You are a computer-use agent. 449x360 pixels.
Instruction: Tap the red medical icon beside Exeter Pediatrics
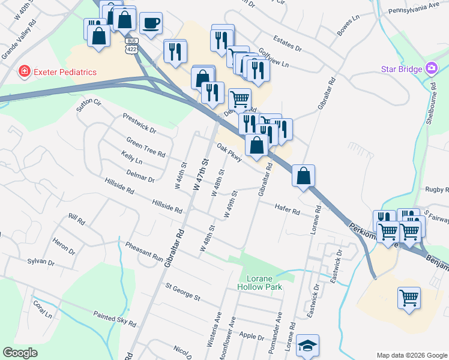25,72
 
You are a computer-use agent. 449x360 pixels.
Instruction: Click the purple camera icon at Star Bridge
431,68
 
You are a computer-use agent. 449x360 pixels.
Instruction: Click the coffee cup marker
151,23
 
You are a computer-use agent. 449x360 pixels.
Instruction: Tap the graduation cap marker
307,346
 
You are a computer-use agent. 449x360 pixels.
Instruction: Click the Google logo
20,353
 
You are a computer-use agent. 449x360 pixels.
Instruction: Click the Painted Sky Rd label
114,318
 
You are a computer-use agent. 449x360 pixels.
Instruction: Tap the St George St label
182,295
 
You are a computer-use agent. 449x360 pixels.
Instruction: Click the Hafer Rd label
287,210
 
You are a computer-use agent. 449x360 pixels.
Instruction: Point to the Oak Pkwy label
229,152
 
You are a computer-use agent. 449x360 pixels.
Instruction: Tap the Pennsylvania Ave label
414,9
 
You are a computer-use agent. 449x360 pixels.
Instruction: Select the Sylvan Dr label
41,262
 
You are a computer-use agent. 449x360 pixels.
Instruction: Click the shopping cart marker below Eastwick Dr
409,297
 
